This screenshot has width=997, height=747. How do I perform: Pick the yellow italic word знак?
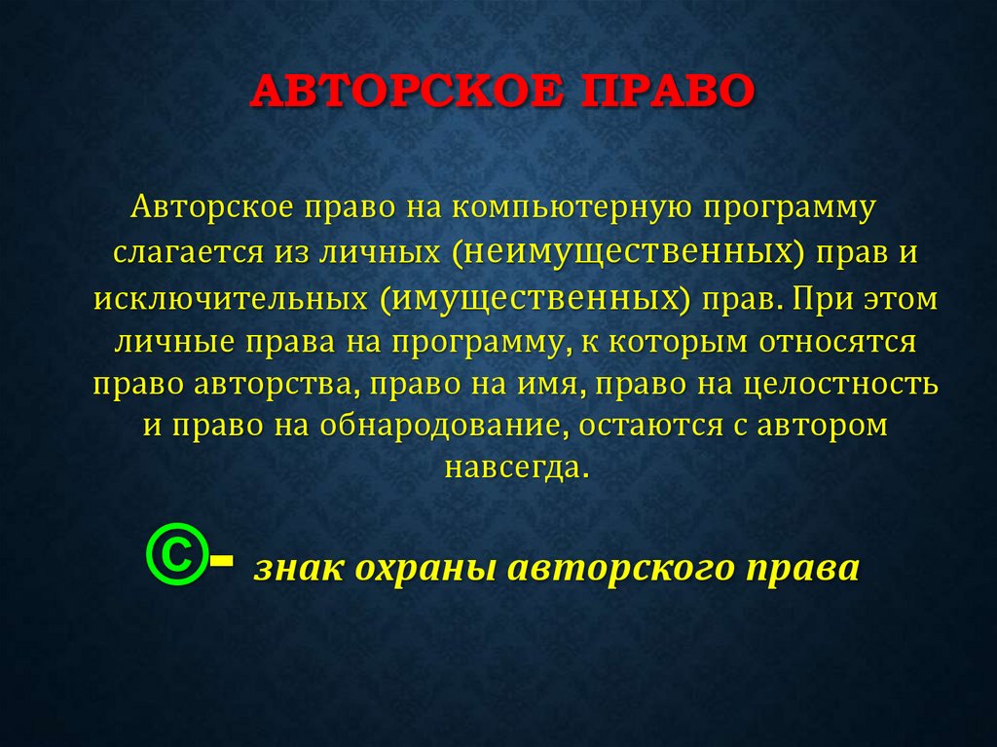[x=292, y=567]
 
